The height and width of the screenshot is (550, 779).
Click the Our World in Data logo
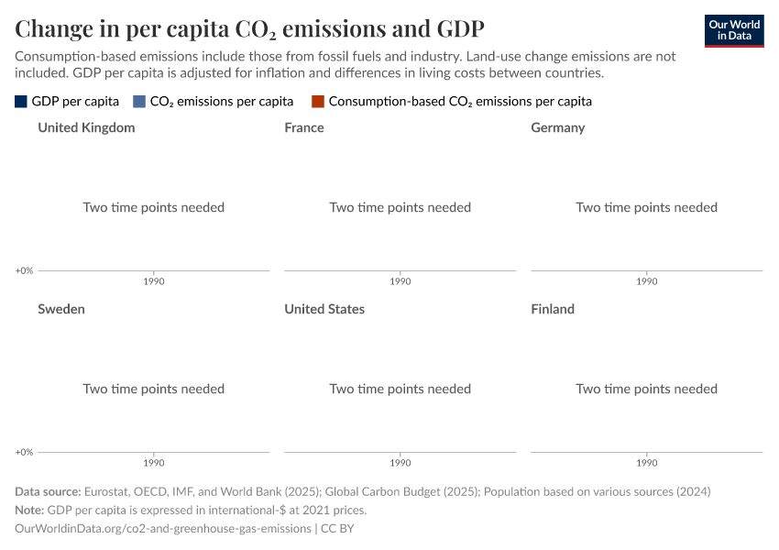tap(733, 30)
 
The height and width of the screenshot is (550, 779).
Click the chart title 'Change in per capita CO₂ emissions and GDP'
tap(249, 28)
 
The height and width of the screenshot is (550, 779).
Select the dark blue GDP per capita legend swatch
tap(21, 102)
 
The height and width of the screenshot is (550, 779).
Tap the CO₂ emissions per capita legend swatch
tap(139, 102)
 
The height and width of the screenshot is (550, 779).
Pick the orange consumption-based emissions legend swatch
tap(318, 102)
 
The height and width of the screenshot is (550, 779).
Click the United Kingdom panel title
tap(86, 127)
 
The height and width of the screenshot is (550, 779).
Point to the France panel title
tap(304, 127)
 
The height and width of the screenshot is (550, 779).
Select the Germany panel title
tap(557, 127)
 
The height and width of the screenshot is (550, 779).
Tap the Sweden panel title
tap(61, 309)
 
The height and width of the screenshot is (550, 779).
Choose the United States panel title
tap(324, 309)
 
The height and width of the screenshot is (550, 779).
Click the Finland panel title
tap(553, 309)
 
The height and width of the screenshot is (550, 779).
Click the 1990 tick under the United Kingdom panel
tap(154, 281)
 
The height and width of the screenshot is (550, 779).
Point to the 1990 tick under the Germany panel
tap(647, 281)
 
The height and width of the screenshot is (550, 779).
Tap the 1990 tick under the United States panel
tap(400, 463)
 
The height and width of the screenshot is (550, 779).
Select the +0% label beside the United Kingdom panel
tap(24, 270)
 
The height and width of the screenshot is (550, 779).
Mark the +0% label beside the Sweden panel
tap(24, 452)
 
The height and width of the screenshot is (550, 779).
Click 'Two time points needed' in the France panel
tap(400, 207)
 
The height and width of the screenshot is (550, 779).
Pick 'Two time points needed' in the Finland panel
tap(647, 389)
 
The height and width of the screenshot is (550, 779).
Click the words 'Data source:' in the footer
tap(47, 491)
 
